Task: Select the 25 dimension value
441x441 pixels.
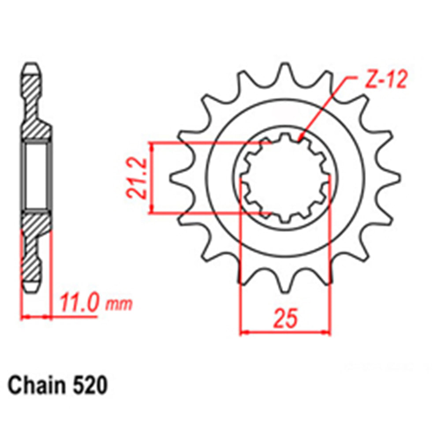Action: click(x=284, y=319)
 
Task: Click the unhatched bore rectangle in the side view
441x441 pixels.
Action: click(x=36, y=176)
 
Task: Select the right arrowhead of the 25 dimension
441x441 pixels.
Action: click(x=327, y=332)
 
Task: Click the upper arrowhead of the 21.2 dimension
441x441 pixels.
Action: click(x=153, y=146)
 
